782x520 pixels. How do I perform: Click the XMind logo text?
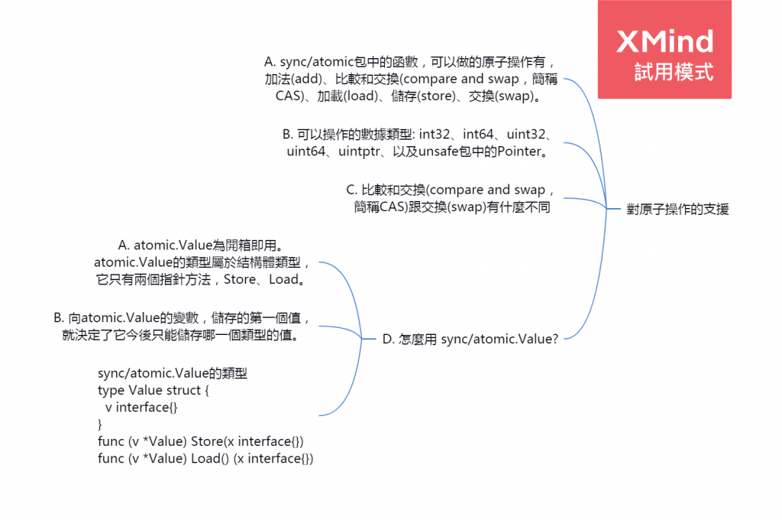click(664, 41)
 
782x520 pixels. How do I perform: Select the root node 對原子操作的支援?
click(677, 209)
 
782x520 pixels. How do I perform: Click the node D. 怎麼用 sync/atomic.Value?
click(470, 339)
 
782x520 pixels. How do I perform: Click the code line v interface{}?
click(141, 408)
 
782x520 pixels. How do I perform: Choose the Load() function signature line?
click(205, 458)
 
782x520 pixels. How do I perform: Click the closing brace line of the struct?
click(99, 424)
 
